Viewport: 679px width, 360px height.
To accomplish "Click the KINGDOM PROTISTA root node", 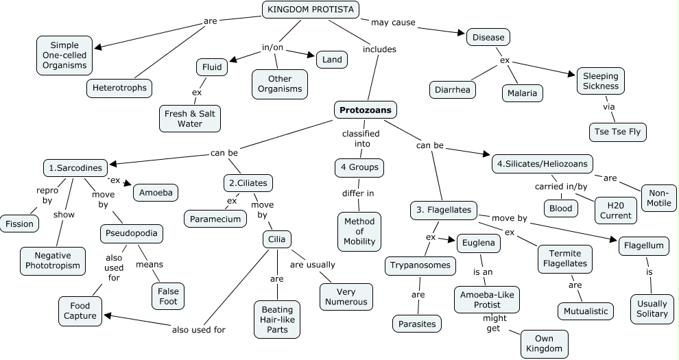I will click(311, 10).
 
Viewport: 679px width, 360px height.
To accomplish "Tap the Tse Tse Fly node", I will click(617, 132).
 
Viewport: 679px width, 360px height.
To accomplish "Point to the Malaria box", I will click(522, 93).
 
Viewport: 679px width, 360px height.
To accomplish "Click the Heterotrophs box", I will click(119, 88).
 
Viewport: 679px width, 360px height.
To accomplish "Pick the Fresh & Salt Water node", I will click(190, 119).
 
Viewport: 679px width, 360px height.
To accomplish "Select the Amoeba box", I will click(156, 193).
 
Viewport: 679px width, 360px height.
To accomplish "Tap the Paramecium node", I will click(215, 219).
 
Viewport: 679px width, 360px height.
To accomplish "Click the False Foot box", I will click(169, 296).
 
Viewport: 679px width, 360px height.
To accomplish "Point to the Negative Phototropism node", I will click(57, 261).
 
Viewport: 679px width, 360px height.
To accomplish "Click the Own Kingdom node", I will click(545, 344).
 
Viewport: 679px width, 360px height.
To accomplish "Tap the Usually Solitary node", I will click(652, 309).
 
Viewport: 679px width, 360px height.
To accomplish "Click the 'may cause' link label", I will click(393, 23).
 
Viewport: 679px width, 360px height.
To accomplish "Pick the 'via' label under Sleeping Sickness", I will click(608, 108).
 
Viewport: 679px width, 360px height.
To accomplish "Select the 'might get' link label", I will click(494, 324).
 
